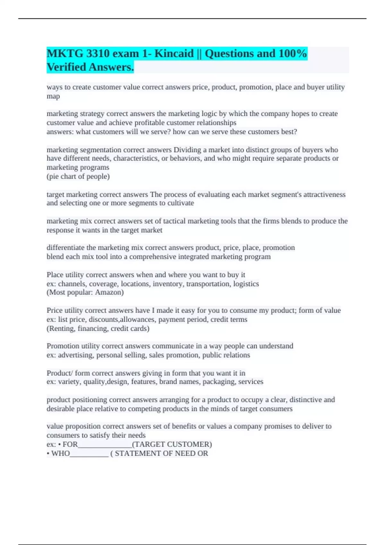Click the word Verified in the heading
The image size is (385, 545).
pos(66,67)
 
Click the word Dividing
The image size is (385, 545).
pos(187,150)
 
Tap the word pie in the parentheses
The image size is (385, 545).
pos(53,176)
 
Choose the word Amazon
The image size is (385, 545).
pos(108,292)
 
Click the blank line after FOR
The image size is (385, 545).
pos(105,444)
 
